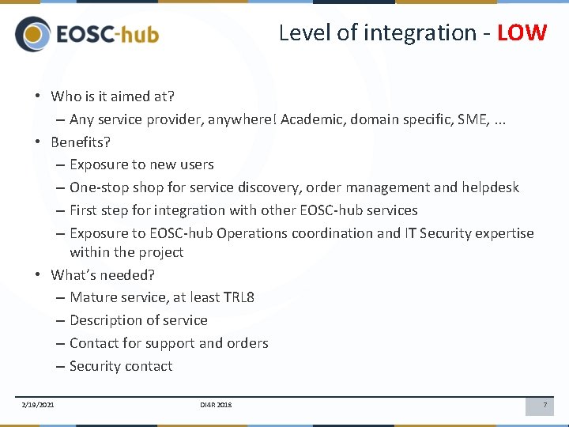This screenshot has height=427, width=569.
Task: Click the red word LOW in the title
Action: click(522, 32)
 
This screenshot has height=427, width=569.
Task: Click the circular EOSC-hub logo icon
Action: click(32, 35)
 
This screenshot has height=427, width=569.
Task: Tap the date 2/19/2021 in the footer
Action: click(38, 405)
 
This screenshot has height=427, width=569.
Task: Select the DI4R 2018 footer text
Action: click(216, 405)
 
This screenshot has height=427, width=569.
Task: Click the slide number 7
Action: click(544, 405)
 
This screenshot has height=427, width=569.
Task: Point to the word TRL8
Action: click(239, 297)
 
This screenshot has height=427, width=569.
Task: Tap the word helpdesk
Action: click(490, 187)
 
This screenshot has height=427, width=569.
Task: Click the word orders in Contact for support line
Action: click(247, 343)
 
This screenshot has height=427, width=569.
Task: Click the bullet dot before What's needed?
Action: click(38, 275)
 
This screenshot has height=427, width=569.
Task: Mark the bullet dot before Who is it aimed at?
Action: click(38, 96)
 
